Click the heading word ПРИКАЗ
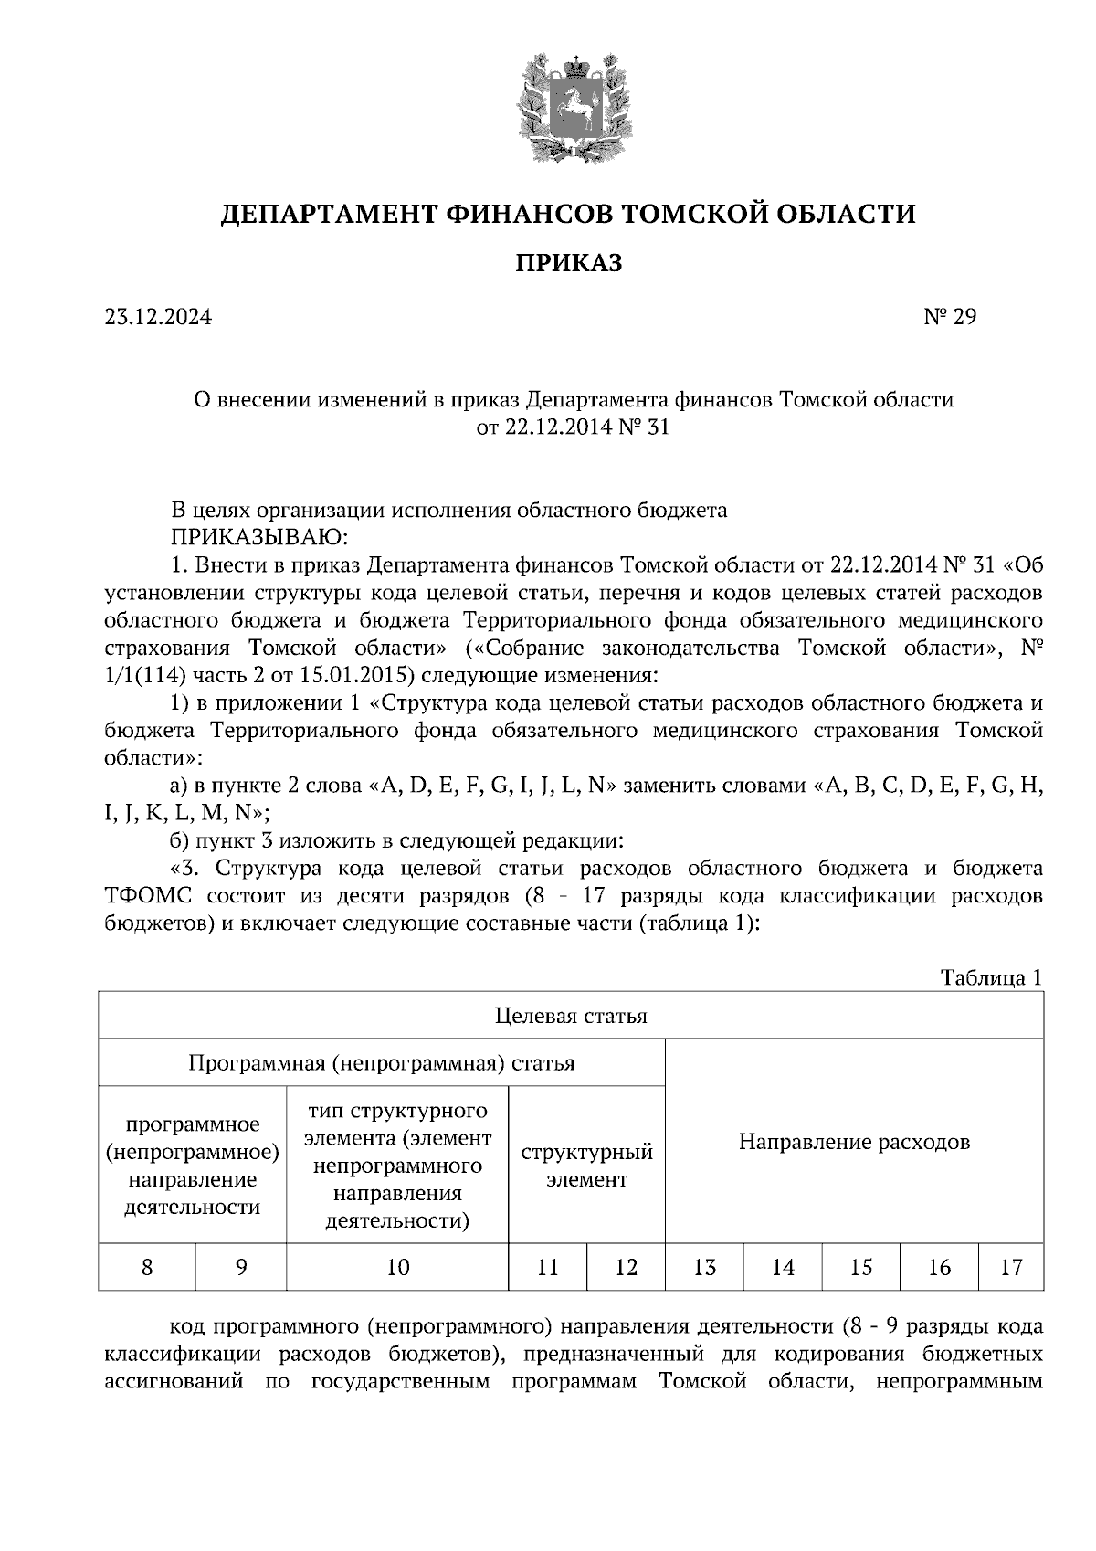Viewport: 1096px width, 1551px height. pos(569,264)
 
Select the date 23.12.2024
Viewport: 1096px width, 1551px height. pos(158,317)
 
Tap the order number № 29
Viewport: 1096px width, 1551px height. pos(951,317)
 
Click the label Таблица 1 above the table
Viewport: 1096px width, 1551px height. pos(991,977)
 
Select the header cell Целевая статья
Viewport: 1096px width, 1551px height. pos(571,1016)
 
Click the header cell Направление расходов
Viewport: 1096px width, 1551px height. pos(854,1142)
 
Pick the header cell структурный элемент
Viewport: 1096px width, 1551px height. pos(586,1165)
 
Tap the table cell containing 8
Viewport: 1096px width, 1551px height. pos(147,1267)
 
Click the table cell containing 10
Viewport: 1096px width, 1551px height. pos(397,1267)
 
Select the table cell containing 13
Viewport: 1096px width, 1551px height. pos(704,1267)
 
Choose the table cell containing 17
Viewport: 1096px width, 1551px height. pos(1010,1267)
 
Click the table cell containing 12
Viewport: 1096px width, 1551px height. pos(626,1267)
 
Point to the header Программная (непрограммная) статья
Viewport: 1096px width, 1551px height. pos(382,1063)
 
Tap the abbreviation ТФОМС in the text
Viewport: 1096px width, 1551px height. pos(150,895)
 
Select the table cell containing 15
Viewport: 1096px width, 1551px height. pos(860,1267)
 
